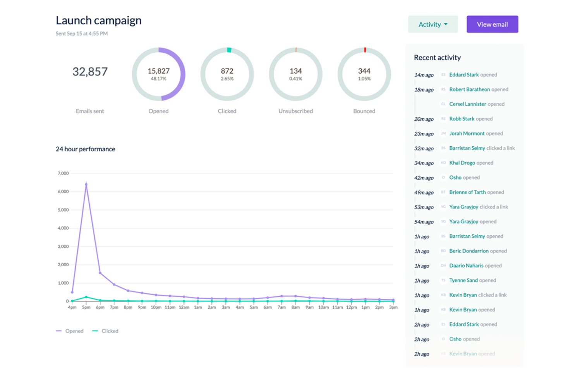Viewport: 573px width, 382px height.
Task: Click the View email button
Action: pyautogui.click(x=492, y=24)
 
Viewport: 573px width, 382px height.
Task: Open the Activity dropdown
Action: pyautogui.click(x=433, y=24)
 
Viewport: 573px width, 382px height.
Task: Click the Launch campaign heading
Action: pyautogui.click(x=98, y=21)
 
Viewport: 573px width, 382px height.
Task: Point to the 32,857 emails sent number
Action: pyautogui.click(x=90, y=72)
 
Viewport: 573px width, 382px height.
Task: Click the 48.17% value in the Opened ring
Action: pyautogui.click(x=158, y=79)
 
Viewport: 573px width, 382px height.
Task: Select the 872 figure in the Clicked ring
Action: pyautogui.click(x=227, y=71)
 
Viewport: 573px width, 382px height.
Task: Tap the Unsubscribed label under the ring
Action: pyautogui.click(x=295, y=111)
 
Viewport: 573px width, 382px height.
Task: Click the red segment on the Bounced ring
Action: pyautogui.click(x=365, y=50)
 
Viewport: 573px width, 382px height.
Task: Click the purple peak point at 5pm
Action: pyautogui.click(x=86, y=185)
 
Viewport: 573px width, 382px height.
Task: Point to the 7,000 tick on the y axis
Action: pyautogui.click(x=63, y=173)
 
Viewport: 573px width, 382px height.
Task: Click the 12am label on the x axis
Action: pyautogui.click(x=184, y=307)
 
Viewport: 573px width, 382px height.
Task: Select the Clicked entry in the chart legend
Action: pyautogui.click(x=106, y=331)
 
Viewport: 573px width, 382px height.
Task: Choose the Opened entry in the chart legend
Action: pyautogui.click(x=70, y=331)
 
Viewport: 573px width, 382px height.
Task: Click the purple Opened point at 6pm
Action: pyautogui.click(x=100, y=273)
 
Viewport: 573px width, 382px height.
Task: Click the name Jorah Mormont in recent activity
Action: pyautogui.click(x=467, y=134)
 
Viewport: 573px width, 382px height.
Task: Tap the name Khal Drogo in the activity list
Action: pyautogui.click(x=462, y=163)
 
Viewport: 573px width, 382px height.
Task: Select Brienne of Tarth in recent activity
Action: pyautogui.click(x=467, y=192)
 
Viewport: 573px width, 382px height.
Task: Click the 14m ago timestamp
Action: pyautogui.click(x=424, y=75)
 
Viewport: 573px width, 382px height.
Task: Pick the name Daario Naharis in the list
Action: pyautogui.click(x=466, y=266)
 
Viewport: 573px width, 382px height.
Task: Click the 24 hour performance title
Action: pyautogui.click(x=85, y=149)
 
